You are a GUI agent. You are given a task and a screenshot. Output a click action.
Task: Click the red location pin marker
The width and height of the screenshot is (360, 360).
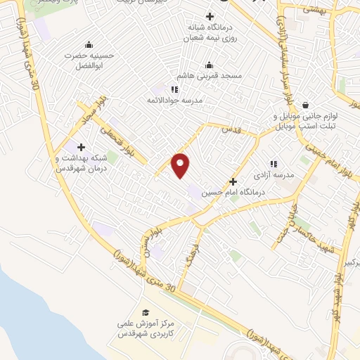(181, 165)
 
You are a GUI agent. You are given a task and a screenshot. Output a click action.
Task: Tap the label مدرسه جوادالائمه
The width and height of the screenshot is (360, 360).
(173, 100)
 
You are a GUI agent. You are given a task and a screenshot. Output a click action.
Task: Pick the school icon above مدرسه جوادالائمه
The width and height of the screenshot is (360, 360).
(174, 89)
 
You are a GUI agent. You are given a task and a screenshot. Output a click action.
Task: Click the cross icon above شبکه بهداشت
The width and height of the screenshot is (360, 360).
(82, 148)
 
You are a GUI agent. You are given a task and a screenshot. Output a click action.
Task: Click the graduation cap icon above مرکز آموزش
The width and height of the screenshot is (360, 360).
(146, 313)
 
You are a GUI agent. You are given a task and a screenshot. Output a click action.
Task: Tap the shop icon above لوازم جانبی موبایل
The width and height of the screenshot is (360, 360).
(306, 103)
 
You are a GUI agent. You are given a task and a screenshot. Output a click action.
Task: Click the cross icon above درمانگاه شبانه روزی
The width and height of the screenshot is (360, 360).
(209, 16)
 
